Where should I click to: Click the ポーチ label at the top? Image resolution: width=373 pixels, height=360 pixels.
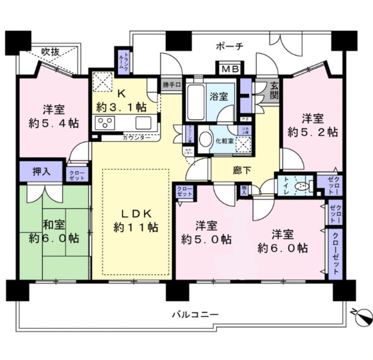[x=230, y=46]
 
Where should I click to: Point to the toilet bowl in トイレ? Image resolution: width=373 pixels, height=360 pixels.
[x=300, y=186]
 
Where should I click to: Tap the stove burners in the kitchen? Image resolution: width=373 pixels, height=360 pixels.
[x=106, y=123]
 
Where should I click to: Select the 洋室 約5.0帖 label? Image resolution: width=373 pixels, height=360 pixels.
[x=206, y=232]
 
